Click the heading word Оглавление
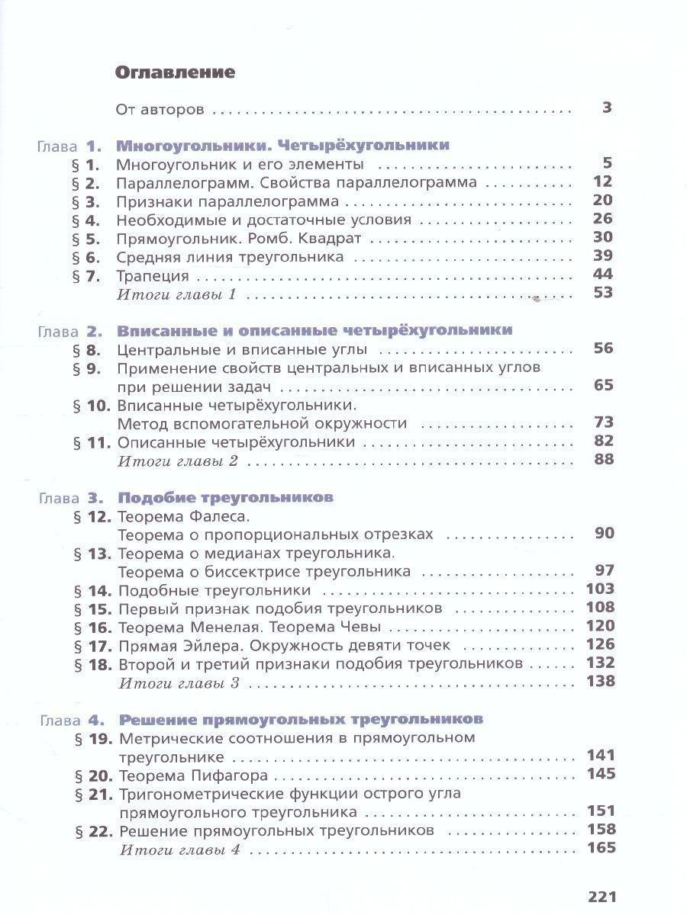pyautogui.click(x=174, y=72)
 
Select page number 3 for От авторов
pyautogui.click(x=607, y=108)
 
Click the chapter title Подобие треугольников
pyautogui.click(x=226, y=497)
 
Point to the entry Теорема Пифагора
pyautogui.click(x=194, y=775)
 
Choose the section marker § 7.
pyautogui.click(x=86, y=275)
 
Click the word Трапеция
pyautogui.click(x=153, y=275)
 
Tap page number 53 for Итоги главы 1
pyautogui.click(x=603, y=293)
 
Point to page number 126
pyautogui.click(x=600, y=644)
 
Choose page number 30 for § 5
pyautogui.click(x=603, y=237)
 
